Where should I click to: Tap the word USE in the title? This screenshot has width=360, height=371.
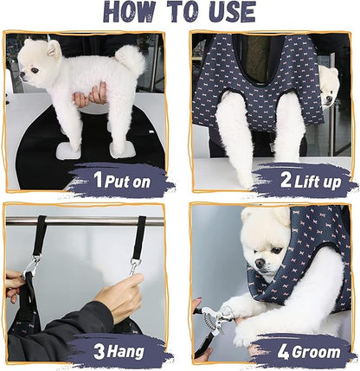click(x=227, y=12)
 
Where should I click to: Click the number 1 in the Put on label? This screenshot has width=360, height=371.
click(x=98, y=180)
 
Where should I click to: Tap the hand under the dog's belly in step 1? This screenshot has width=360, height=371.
click(x=91, y=96)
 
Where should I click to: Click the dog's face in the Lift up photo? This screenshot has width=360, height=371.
click(x=329, y=84)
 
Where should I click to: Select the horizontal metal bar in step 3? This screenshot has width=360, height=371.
click(x=87, y=221)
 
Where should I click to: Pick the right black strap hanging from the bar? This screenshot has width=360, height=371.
click(x=139, y=238)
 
